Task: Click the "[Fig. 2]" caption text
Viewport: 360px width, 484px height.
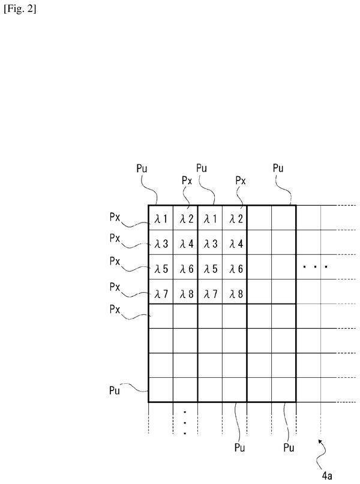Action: (20, 8)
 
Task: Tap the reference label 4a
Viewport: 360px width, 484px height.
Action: (327, 476)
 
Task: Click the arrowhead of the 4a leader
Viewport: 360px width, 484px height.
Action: (320, 441)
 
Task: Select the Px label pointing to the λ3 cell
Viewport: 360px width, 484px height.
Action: (115, 238)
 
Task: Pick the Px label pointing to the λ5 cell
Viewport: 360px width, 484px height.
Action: (115, 261)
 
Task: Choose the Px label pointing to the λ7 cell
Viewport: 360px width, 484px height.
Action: (115, 287)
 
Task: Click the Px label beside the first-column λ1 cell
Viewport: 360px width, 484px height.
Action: (115, 217)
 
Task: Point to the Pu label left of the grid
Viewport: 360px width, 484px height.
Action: (114, 390)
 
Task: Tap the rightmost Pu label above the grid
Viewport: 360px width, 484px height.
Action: (278, 168)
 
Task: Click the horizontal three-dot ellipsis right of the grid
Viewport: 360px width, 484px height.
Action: (315, 266)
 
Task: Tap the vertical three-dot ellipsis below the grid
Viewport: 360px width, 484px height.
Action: (185, 423)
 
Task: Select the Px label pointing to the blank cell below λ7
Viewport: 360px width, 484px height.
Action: (115, 309)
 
